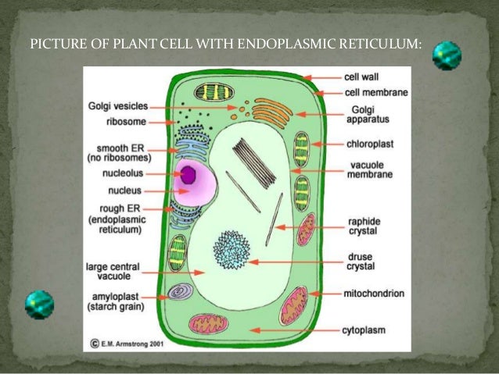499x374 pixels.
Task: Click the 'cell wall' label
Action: [361, 77]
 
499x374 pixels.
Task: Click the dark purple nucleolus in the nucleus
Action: [188, 175]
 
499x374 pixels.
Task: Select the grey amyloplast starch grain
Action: [181, 292]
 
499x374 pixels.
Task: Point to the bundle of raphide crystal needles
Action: [253, 161]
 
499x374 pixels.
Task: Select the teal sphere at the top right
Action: [447, 55]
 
